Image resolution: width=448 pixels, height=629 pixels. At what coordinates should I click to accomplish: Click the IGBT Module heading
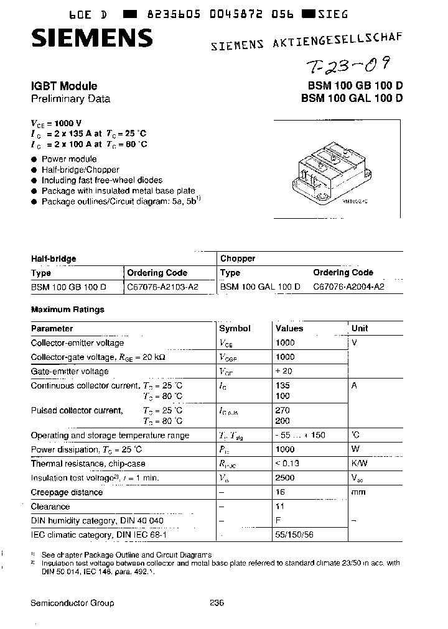tap(64, 86)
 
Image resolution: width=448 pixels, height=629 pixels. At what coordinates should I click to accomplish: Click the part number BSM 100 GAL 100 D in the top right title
tap(352, 98)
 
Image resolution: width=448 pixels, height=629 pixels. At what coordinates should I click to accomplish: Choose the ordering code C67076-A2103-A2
tap(162, 287)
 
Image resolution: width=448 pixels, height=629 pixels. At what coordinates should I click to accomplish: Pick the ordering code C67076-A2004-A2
tap(348, 287)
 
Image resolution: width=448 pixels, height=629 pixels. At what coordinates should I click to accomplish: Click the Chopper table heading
tap(238, 258)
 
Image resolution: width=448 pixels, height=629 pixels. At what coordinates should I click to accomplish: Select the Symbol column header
tap(235, 328)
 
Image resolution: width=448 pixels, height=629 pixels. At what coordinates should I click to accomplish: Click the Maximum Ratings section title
tap(68, 310)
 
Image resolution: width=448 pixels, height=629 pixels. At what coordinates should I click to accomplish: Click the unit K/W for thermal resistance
tap(360, 463)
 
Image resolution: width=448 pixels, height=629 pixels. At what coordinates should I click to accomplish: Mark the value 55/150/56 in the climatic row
tap(294, 535)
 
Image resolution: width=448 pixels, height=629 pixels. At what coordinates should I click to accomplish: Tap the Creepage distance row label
tap(67, 492)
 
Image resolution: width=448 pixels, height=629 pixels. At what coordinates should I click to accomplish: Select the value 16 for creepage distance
tap(280, 492)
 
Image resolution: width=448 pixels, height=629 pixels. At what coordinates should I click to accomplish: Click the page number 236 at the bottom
tap(217, 603)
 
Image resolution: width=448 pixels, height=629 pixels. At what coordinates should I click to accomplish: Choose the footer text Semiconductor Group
tap(72, 603)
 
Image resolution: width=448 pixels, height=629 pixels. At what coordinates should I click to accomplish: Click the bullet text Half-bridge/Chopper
tap(80, 170)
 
